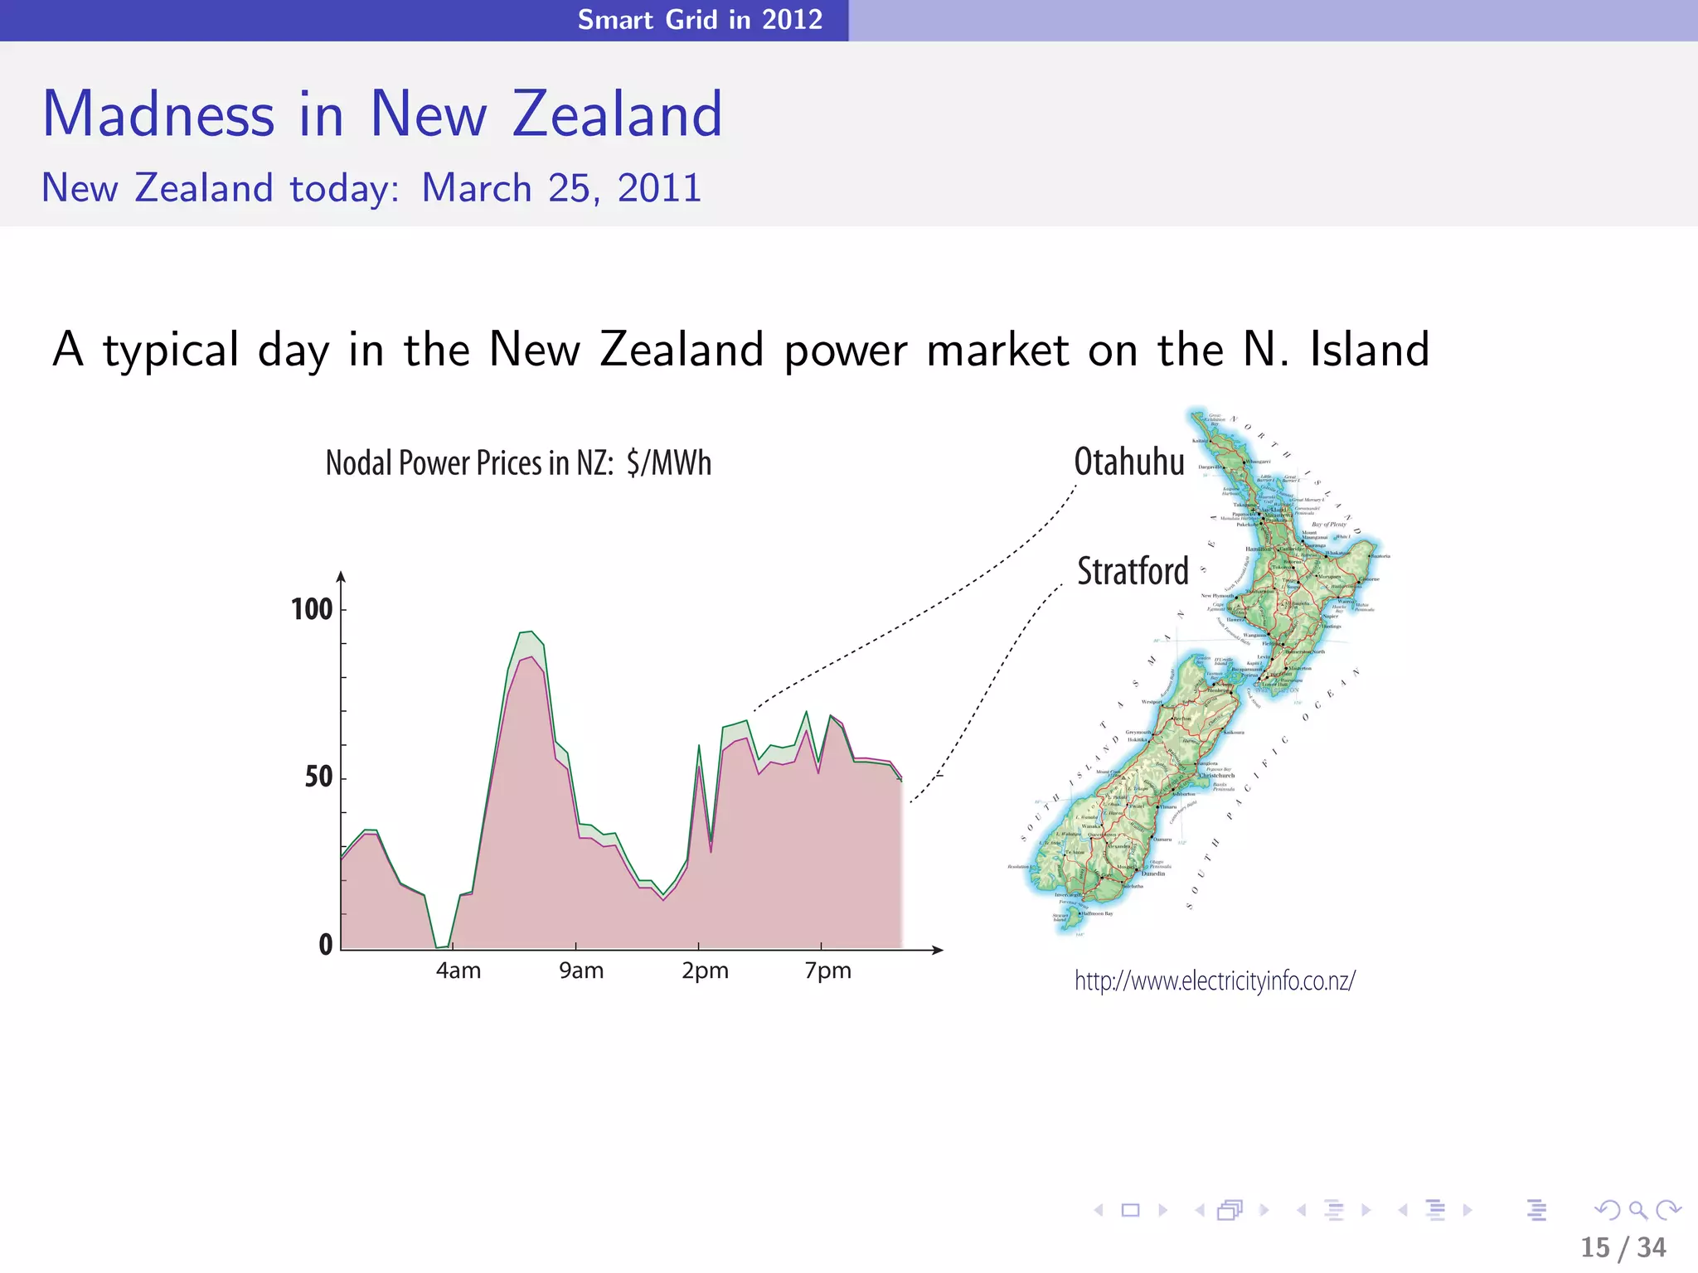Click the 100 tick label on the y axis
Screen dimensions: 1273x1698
pos(312,610)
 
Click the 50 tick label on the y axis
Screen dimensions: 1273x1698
pos(318,777)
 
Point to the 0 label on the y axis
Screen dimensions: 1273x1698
pos(326,945)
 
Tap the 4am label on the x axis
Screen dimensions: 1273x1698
pos(458,970)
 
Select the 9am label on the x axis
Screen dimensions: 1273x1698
pos(581,970)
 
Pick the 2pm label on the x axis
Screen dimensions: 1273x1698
pos(705,970)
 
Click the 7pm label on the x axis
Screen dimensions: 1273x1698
pos(827,970)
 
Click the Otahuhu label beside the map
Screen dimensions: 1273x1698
pos(1129,462)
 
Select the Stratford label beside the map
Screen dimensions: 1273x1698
pos(1133,571)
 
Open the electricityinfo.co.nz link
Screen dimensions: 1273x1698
pos(1215,980)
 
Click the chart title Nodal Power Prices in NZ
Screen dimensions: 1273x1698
pos(518,463)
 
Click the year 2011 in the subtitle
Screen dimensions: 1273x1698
pos(659,188)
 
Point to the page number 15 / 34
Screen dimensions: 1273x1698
pos(1623,1247)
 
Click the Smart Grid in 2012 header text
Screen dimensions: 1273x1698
pos(700,19)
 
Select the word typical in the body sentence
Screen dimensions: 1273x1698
pos(171,351)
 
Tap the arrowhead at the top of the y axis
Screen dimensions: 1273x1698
pos(341,577)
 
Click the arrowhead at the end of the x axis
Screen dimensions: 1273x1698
pos(938,950)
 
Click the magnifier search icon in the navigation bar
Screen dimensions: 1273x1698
pos(1637,1210)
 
